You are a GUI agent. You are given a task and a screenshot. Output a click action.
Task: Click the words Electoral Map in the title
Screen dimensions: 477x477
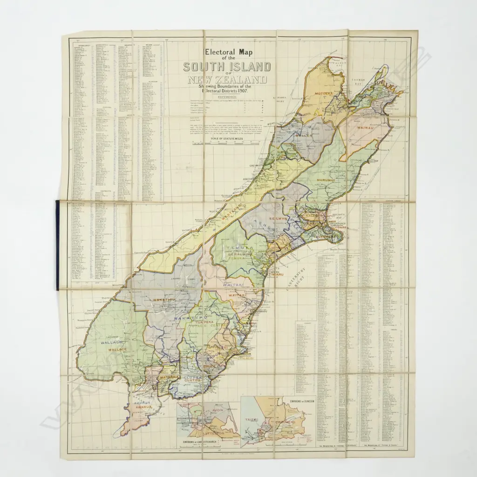tap(225, 53)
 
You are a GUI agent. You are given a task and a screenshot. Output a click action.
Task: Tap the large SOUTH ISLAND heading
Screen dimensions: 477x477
tap(226, 67)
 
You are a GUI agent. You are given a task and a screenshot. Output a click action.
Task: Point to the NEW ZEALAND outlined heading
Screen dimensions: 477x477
tap(228, 80)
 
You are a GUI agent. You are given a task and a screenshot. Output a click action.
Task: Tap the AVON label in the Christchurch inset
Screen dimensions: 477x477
tap(217, 410)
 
